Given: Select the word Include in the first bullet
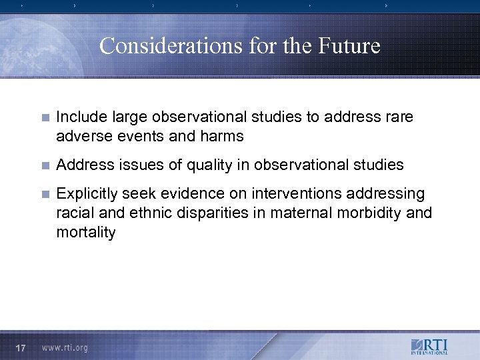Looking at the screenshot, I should coord(79,117).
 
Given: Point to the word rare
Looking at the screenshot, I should coord(399,117).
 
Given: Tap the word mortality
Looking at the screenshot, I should coord(86,232).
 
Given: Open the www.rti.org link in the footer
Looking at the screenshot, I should coord(65,347).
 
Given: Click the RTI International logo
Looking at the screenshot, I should coord(429,347).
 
